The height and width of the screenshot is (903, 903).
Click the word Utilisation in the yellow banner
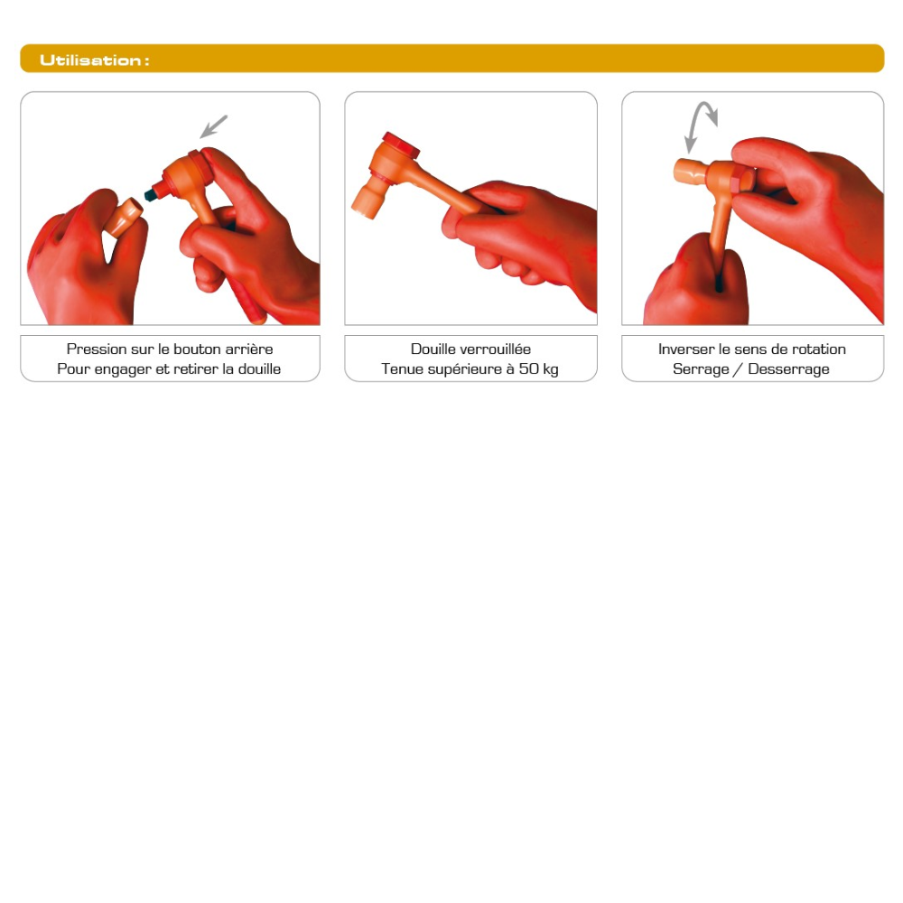90,60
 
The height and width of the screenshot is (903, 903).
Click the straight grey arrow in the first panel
214,126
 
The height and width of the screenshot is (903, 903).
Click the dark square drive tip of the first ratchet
151,194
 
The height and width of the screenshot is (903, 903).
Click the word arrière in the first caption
249,349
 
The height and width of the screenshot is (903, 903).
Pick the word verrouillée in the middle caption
495,349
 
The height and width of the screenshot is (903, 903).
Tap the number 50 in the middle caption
528,369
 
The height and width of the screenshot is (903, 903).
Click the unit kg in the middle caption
551,370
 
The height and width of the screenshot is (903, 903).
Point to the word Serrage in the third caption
701,369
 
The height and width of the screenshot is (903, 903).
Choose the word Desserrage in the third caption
789,369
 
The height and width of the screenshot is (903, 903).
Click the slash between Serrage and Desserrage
739,369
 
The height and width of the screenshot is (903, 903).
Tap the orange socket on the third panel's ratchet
689,172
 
